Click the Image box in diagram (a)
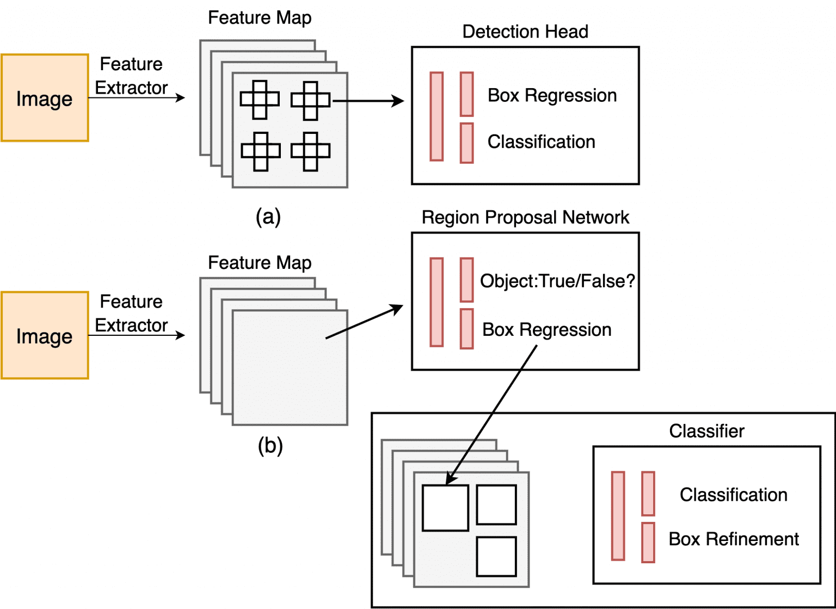[x=45, y=98]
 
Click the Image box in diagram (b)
[x=45, y=335]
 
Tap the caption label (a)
[x=268, y=217]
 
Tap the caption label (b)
[x=270, y=446]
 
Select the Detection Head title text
[x=525, y=32]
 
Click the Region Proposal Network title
[x=525, y=217]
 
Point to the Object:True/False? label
[x=557, y=281]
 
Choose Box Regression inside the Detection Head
[x=552, y=95]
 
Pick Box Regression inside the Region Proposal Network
[x=546, y=329]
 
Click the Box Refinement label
[x=733, y=539]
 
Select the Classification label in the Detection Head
[x=541, y=142]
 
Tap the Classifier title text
[x=706, y=431]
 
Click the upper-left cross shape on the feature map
[x=260, y=100]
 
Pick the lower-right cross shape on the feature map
[x=310, y=151]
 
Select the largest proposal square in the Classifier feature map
[x=445, y=508]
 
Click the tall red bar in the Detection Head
[x=437, y=116]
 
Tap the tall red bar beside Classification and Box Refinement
[x=618, y=515]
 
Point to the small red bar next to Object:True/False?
[x=466, y=280]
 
